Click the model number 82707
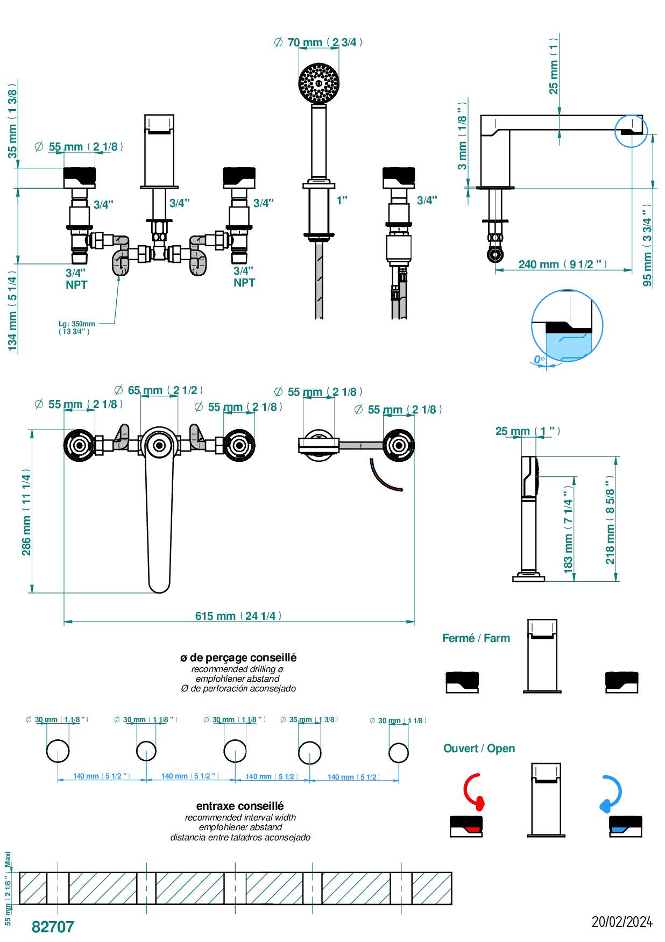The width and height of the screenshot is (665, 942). [x=53, y=926]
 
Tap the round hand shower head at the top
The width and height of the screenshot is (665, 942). [x=319, y=83]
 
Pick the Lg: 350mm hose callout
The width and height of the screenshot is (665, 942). [x=76, y=327]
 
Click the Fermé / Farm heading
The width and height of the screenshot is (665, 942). [x=476, y=638]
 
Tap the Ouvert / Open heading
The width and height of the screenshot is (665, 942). [x=479, y=748]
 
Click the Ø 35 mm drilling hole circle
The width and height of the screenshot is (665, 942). [x=310, y=752]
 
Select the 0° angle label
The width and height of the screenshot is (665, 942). [x=539, y=359]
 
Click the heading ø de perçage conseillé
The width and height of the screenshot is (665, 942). [x=238, y=658]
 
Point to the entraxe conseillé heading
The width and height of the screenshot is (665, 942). [x=240, y=806]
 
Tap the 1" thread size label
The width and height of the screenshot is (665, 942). [x=342, y=201]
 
